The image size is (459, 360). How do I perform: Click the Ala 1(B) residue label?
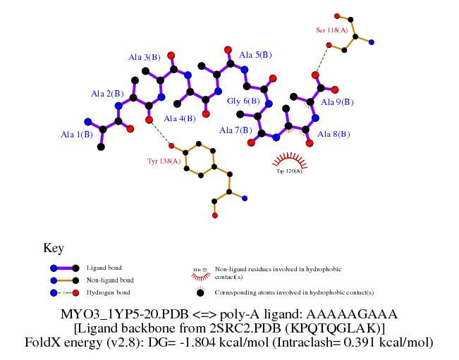(x=76, y=134)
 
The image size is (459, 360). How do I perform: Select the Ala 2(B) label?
(x=107, y=94)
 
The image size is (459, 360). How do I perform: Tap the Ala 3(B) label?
(x=144, y=57)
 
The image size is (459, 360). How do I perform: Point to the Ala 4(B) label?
(x=179, y=118)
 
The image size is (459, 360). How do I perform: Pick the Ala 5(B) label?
(x=255, y=54)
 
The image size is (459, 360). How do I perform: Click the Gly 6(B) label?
(x=243, y=101)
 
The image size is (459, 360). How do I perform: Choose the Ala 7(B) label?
(x=235, y=130)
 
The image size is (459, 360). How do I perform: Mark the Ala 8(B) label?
(x=333, y=133)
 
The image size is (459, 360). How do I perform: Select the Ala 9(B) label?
(x=337, y=102)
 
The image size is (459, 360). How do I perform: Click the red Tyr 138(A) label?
(x=164, y=161)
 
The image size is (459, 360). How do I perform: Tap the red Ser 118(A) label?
(x=331, y=30)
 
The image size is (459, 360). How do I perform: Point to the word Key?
(x=54, y=248)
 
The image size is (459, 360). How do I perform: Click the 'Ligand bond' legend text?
(x=104, y=268)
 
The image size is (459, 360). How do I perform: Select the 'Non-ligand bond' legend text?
(x=109, y=280)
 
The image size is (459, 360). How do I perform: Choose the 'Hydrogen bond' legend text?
(x=109, y=292)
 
